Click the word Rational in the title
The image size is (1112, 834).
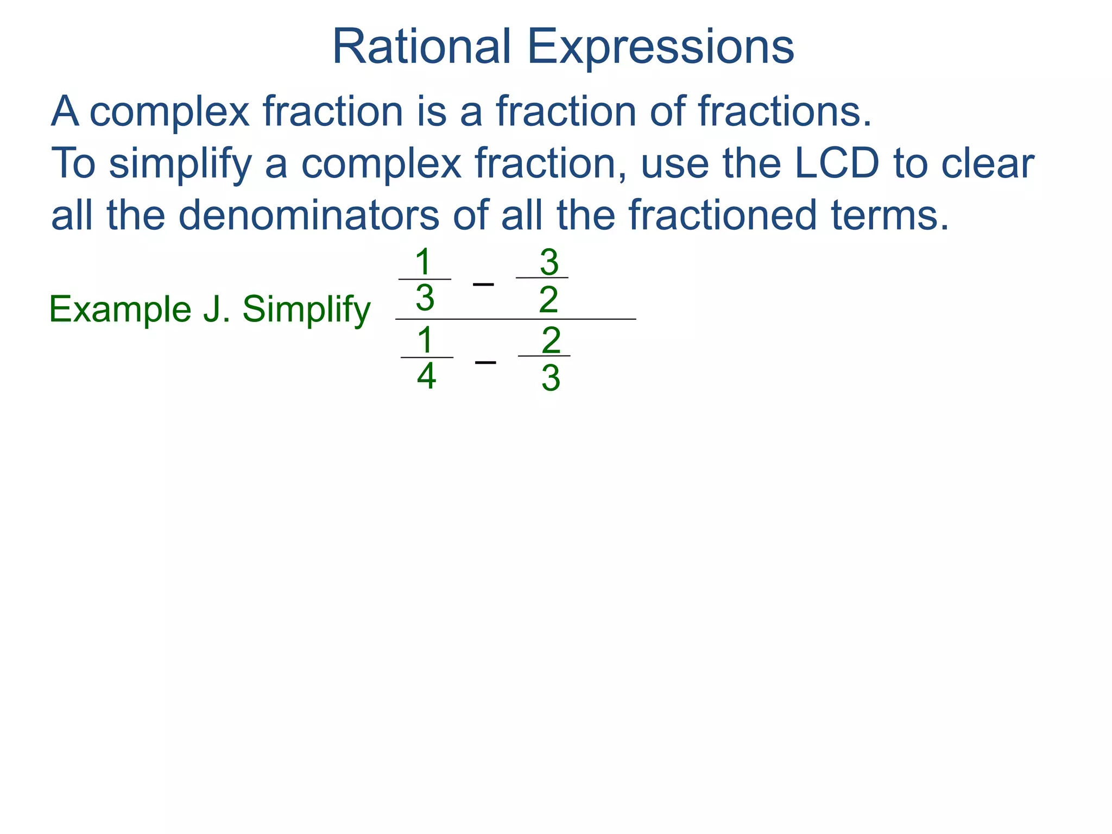pos(421,47)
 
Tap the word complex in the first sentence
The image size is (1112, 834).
pos(169,112)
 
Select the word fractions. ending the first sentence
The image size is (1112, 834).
pos(785,111)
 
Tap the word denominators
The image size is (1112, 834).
pos(308,215)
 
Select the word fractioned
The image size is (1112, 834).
pos(723,215)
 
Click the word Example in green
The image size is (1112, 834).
pos(120,309)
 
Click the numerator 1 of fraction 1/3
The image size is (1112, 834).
pos(423,262)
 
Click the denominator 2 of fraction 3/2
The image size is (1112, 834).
pos(548,300)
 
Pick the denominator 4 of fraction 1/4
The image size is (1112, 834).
pos(426,376)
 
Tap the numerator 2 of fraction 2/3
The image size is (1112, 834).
pos(551,340)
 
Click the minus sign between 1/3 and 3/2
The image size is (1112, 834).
pos(483,284)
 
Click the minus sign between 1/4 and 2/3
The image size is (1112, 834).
pos(485,362)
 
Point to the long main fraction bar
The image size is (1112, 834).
pos(516,319)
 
